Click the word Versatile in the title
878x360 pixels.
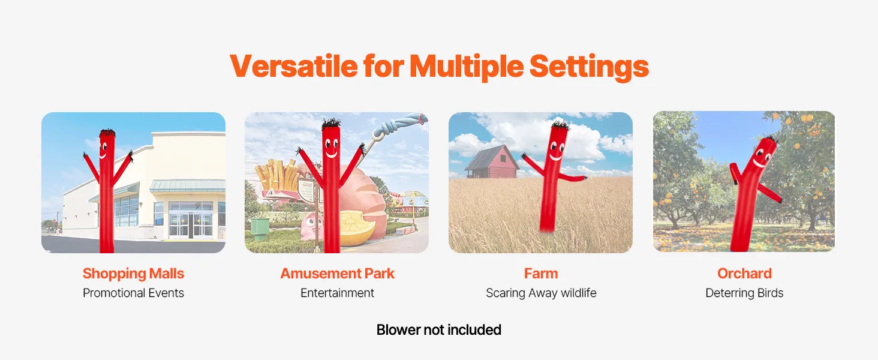click(x=294, y=66)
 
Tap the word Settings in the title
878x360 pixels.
click(x=589, y=67)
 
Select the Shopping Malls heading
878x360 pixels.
click(x=133, y=274)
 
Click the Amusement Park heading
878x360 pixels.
click(x=337, y=274)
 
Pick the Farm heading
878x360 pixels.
click(x=541, y=274)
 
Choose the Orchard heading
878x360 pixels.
click(x=744, y=274)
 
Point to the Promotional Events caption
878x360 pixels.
click(x=133, y=293)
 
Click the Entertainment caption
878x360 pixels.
click(x=337, y=293)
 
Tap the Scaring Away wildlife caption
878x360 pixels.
click(x=541, y=293)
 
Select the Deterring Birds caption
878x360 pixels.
click(x=744, y=293)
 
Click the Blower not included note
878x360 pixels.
click(x=438, y=330)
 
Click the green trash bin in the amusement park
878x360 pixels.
click(x=260, y=229)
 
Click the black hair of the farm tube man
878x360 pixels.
click(x=560, y=124)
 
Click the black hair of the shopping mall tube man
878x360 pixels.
click(x=107, y=133)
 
